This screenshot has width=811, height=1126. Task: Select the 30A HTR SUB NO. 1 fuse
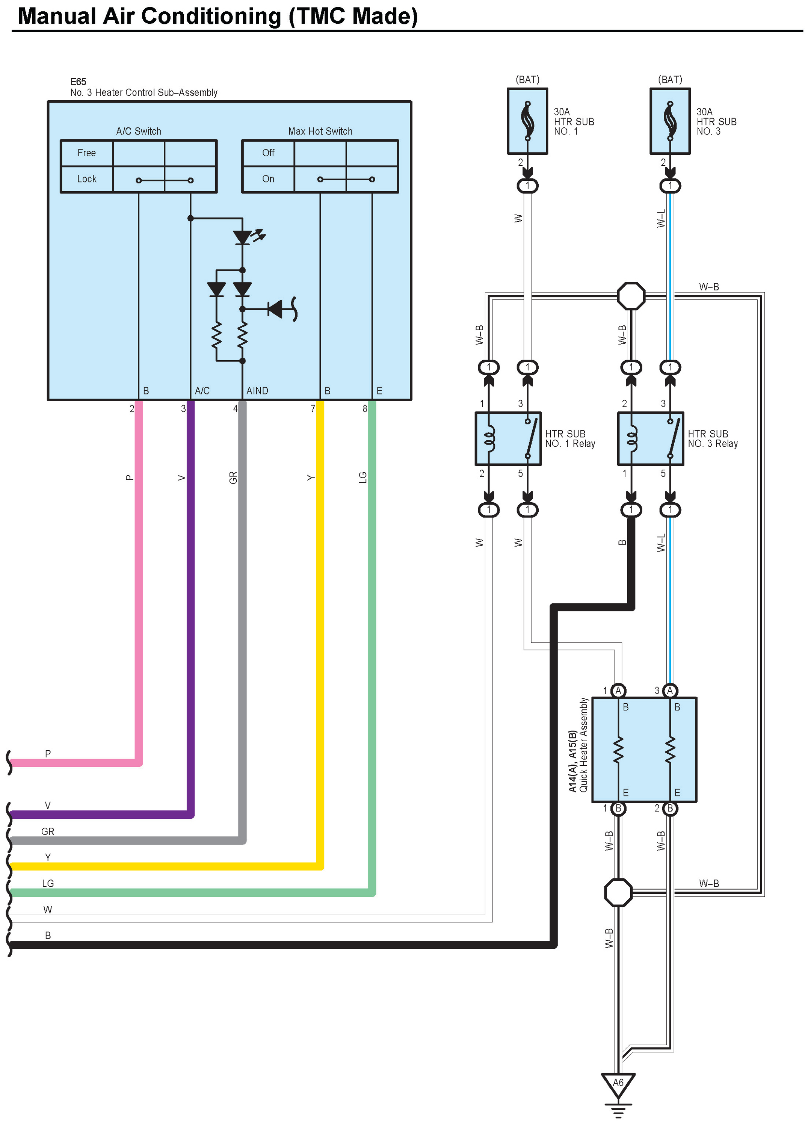point(527,121)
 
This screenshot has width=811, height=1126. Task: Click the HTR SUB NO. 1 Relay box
point(508,438)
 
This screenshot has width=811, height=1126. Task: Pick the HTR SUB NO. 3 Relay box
point(650,438)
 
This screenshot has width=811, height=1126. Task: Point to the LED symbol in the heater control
point(243,237)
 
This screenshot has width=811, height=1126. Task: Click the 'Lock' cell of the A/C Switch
point(87,179)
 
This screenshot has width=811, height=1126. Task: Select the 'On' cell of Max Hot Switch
point(268,179)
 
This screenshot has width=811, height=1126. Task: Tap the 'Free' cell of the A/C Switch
point(87,153)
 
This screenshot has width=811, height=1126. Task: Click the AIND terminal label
point(257,391)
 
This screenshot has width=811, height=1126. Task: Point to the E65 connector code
point(78,82)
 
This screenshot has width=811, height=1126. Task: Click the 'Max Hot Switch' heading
point(320,131)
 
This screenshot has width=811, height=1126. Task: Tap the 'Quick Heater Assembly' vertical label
point(584,745)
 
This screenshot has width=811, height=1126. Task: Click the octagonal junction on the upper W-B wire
point(631,296)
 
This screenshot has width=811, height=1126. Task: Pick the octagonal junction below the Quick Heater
point(618,893)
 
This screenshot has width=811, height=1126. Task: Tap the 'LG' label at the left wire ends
point(48,883)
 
